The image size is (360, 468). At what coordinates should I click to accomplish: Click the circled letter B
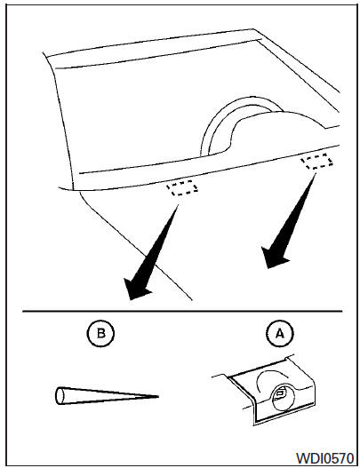100,333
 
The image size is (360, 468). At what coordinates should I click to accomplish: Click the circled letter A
280,333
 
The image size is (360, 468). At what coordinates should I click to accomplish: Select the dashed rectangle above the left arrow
182,188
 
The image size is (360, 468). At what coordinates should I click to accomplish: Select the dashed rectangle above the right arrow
316,161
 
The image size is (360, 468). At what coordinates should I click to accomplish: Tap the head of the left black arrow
136,288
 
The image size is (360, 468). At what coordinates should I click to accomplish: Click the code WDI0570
324,457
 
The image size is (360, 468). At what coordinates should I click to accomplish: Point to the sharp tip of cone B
158,397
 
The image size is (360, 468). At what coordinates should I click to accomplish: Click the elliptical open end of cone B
60,396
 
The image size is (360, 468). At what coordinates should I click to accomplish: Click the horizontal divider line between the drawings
182,312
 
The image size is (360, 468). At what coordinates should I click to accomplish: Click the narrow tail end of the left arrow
178,205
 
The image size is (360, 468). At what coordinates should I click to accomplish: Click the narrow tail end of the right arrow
316,174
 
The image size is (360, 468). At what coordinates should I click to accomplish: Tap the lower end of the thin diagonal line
192,299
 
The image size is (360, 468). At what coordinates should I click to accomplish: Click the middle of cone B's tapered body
108,396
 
